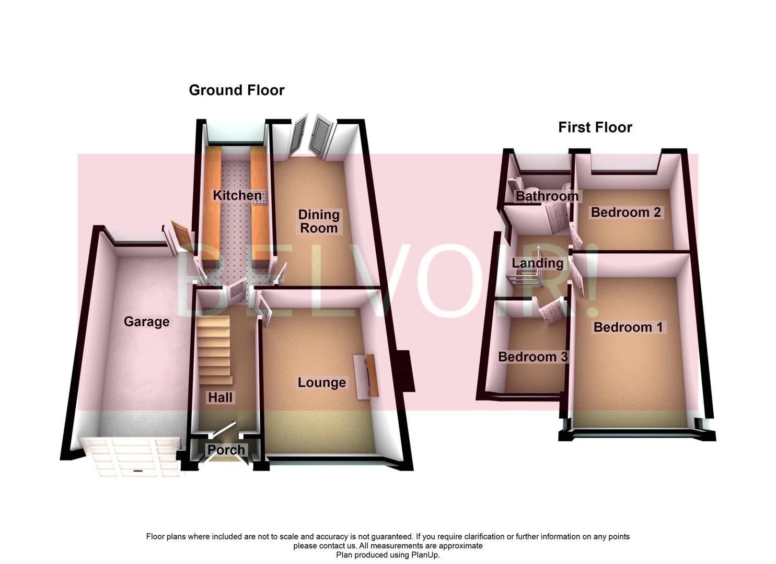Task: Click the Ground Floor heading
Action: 236,90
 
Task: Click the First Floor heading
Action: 595,127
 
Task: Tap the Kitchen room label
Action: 237,196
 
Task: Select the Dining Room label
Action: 319,221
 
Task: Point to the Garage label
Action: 146,322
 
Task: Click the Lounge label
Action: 321,383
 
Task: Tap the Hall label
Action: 220,397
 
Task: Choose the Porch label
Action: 226,450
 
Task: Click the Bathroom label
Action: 547,196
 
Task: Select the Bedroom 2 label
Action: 626,213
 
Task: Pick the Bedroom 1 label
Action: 628,327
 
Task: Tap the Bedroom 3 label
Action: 532,357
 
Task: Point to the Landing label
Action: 537,263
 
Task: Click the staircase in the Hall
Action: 214,347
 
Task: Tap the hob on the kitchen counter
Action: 260,197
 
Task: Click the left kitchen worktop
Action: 212,209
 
